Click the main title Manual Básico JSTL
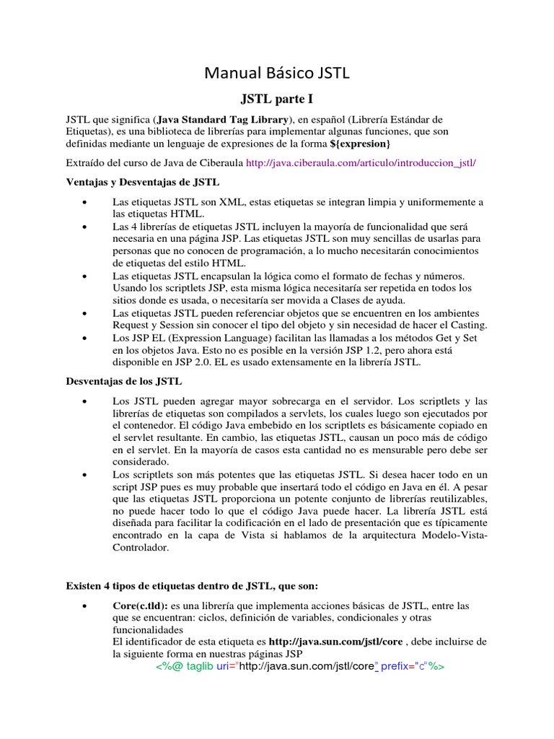[x=277, y=73]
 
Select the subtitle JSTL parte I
[x=276, y=97]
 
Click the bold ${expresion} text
[x=359, y=144]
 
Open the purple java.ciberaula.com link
[x=361, y=163]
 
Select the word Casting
[x=465, y=325]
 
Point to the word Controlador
[x=141, y=548]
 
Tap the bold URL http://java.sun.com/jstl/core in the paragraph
[x=335, y=642]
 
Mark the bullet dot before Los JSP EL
[x=86, y=338]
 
